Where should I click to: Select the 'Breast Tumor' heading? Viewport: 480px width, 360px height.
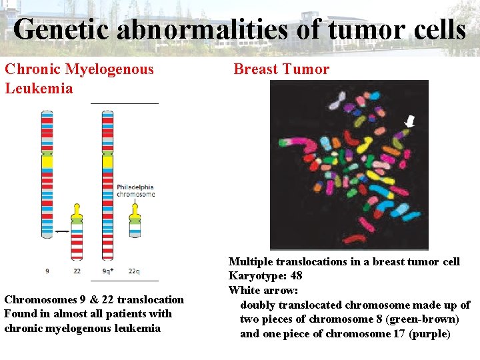(x=281, y=69)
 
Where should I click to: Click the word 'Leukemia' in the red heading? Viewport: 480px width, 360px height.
(x=39, y=88)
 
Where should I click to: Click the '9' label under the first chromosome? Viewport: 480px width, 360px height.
(x=47, y=271)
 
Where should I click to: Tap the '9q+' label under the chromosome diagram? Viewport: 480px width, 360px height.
(x=107, y=271)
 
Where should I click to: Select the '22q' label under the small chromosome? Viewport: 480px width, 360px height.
(x=134, y=271)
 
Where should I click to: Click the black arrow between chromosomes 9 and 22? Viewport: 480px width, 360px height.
(x=62, y=231)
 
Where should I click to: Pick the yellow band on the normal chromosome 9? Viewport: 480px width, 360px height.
(x=47, y=161)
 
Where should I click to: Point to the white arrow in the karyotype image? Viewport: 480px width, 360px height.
(x=410, y=121)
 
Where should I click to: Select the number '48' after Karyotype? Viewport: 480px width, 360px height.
(x=297, y=276)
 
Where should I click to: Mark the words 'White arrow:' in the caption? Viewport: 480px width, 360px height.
(x=263, y=291)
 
